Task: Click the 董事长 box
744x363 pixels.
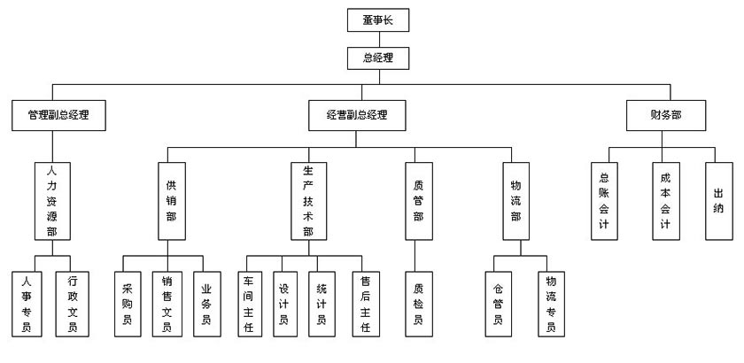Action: click(x=378, y=20)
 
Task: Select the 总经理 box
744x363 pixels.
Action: click(x=378, y=59)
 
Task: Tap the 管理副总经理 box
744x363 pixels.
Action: click(x=59, y=114)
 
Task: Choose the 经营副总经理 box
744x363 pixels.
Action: click(x=357, y=114)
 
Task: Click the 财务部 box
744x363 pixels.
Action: click(x=665, y=114)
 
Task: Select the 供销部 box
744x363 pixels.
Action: click(x=172, y=201)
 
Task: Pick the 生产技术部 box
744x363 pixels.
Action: click(x=307, y=201)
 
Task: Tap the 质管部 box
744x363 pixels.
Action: click(x=419, y=201)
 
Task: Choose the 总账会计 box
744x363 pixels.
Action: click(x=605, y=201)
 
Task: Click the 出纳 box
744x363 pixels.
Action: click(x=718, y=201)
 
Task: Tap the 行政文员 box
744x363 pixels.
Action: click(x=73, y=304)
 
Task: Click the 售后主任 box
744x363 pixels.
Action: click(x=365, y=304)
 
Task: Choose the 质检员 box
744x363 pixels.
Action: click(x=419, y=304)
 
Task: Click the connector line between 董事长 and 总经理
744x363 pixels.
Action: click(x=378, y=40)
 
